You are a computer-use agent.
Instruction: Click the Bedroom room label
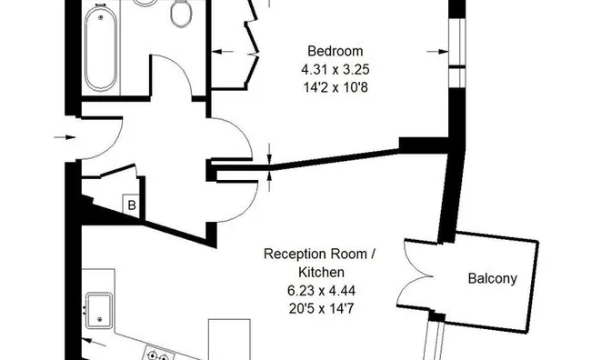pyautogui.click(x=335, y=52)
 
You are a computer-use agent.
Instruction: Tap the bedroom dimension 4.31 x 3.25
pyautogui.click(x=336, y=70)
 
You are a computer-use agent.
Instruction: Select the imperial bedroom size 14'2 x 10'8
pyautogui.click(x=336, y=87)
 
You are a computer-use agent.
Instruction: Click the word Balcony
pyautogui.click(x=493, y=279)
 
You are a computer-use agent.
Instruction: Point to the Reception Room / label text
pyautogui.click(x=319, y=254)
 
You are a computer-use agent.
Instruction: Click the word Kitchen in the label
pyautogui.click(x=321, y=272)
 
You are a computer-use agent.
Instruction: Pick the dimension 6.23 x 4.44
pyautogui.click(x=321, y=291)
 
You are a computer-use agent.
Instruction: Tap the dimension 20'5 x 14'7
pyautogui.click(x=321, y=308)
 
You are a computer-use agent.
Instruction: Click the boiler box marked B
pyautogui.click(x=132, y=205)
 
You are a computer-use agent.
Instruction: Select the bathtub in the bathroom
pyautogui.click(x=101, y=48)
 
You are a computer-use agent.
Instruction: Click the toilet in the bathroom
pyautogui.click(x=181, y=12)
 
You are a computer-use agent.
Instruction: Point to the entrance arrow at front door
pyautogui.click(x=65, y=137)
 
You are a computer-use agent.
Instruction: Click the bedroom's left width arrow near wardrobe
pyautogui.click(x=223, y=52)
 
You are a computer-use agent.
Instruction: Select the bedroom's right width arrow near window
pyautogui.click(x=437, y=52)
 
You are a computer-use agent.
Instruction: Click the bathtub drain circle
pyautogui.click(x=101, y=17)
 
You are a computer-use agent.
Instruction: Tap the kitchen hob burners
pyautogui.click(x=157, y=355)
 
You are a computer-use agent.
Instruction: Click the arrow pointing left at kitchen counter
pyautogui.click(x=95, y=342)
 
